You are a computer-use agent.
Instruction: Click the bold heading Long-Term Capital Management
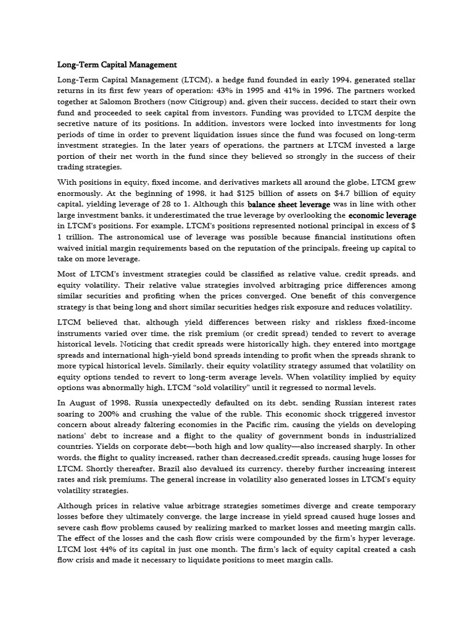tap(117, 64)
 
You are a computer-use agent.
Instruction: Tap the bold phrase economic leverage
tap(382, 215)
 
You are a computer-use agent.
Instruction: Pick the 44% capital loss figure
tap(110, 550)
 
